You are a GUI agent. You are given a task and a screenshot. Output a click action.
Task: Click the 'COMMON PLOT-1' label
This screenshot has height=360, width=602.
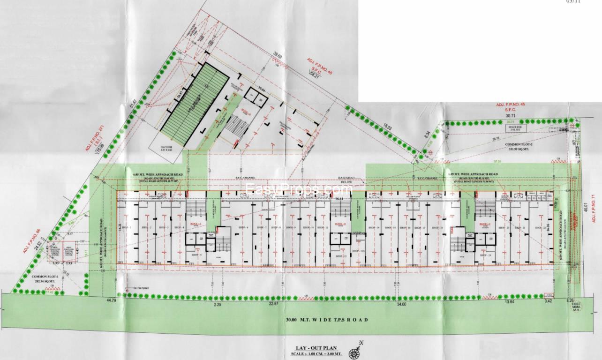click(45, 277)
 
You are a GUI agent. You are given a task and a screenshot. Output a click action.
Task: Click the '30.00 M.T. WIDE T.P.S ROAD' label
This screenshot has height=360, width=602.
click(327, 320)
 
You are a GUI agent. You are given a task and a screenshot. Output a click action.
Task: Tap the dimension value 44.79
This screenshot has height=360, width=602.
click(111, 300)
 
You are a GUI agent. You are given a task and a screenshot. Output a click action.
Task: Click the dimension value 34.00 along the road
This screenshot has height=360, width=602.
click(401, 305)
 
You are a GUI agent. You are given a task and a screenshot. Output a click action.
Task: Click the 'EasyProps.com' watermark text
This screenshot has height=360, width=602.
click(299, 189)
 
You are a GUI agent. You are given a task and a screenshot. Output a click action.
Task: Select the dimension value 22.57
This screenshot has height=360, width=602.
click(273, 304)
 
